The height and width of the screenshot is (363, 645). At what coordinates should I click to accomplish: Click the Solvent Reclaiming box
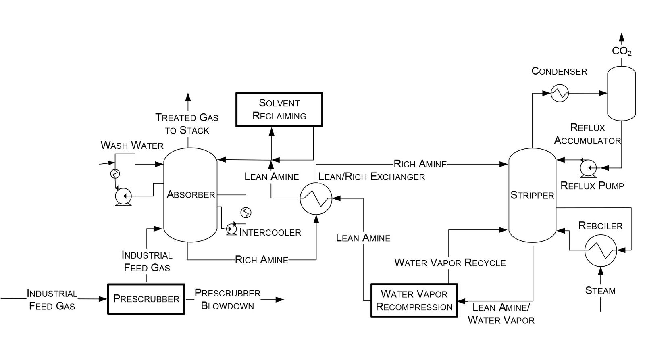[x=279, y=110]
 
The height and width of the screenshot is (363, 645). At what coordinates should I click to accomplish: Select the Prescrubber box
[x=146, y=299]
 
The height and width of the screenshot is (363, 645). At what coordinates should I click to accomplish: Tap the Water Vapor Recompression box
[x=414, y=300]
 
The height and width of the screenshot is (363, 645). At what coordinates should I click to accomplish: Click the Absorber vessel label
[x=191, y=195]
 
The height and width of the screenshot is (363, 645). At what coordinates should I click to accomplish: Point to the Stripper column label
[x=532, y=196]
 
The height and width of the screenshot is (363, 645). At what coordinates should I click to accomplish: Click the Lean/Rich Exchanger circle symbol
[x=316, y=198]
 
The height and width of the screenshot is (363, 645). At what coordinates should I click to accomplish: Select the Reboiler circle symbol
[x=601, y=250]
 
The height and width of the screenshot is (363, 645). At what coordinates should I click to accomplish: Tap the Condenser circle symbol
[x=560, y=93]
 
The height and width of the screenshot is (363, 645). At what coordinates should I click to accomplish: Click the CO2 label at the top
[x=621, y=51]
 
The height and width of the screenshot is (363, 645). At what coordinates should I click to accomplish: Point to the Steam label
[x=600, y=291]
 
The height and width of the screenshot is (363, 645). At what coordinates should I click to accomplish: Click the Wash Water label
[x=132, y=146]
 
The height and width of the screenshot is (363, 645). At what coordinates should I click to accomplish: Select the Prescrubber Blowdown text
[x=227, y=299]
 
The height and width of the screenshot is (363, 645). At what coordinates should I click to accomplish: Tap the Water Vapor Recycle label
[x=449, y=263]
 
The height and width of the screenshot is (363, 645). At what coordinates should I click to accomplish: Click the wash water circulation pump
[x=123, y=196]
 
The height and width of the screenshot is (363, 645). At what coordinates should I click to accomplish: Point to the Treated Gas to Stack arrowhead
[x=188, y=97]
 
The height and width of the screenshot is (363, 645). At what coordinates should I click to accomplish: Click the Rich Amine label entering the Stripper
[x=420, y=164]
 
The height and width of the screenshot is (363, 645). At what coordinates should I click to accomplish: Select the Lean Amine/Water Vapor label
[x=501, y=314]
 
